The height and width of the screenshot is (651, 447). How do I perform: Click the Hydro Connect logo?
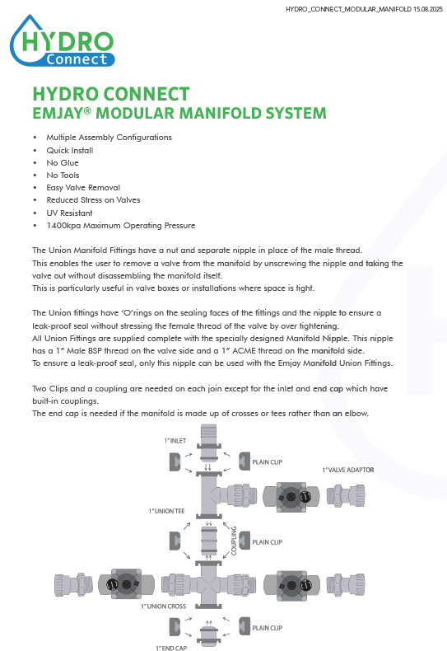62,41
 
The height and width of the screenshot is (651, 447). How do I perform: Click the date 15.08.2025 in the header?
428,9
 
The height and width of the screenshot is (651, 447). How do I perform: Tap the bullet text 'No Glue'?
63,163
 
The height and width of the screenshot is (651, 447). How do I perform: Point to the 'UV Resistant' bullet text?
69,213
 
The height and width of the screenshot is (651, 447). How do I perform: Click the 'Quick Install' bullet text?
70,150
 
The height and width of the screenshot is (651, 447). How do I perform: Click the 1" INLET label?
175,441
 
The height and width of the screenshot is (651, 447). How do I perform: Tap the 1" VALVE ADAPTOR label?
348,470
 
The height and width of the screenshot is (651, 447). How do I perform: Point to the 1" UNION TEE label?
166,511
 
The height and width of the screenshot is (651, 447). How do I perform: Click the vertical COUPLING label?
234,541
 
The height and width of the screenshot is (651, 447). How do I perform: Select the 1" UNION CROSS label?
163,607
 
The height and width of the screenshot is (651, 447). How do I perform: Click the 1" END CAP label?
171,648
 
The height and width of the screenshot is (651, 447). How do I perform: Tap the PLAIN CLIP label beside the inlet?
267,462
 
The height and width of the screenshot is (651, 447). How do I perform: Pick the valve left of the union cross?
126,584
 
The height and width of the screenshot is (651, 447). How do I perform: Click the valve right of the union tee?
291,497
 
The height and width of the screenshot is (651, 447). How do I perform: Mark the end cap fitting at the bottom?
208,635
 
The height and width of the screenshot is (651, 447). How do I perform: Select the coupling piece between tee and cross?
208,540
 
